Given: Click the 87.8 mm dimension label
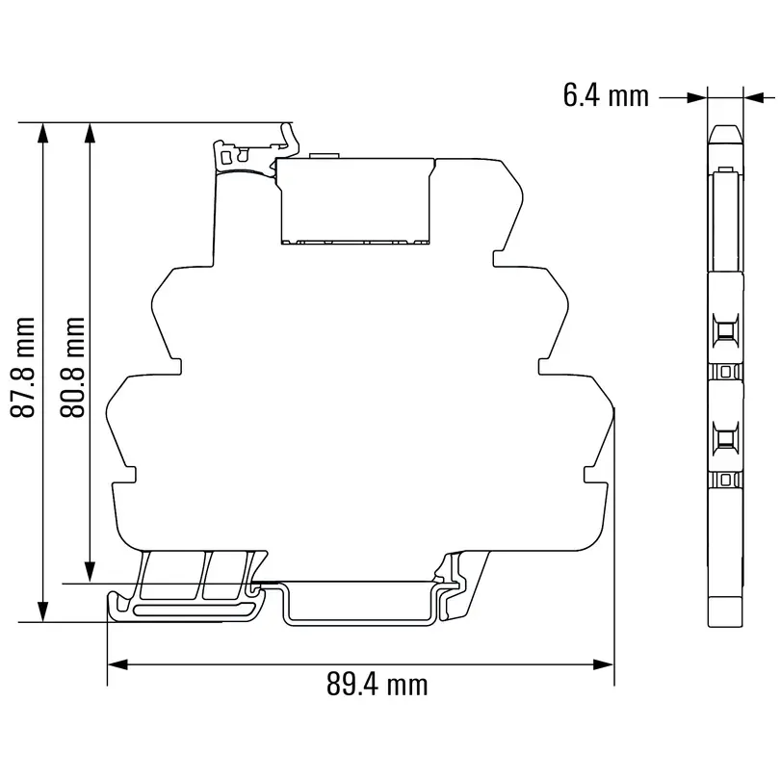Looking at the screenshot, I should pyautogui.click(x=23, y=367).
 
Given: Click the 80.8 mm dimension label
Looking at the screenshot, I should pyautogui.click(x=73, y=367).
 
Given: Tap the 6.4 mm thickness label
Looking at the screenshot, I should pyautogui.click(x=605, y=95).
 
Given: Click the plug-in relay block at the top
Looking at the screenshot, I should pyautogui.click(x=353, y=199).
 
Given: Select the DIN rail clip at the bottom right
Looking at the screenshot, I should pyautogui.click(x=459, y=583).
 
